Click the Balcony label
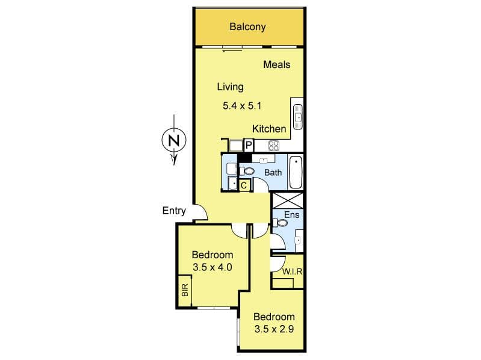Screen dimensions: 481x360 247,26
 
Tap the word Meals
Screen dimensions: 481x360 277,64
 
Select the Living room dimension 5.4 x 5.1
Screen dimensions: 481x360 242,106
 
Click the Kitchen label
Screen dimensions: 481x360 269,129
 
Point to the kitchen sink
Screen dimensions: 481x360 297,117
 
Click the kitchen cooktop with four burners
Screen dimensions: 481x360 274,146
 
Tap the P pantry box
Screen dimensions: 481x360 249,145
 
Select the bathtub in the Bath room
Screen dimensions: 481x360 296,172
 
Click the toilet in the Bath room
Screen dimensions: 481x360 247,171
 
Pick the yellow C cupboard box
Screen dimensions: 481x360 244,185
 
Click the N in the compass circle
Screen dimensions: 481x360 174,140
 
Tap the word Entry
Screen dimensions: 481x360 174,211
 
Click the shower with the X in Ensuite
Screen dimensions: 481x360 288,200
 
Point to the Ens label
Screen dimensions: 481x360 291,215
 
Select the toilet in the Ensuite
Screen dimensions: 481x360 280,222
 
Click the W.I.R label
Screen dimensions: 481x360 292,272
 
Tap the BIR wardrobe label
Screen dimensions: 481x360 185,290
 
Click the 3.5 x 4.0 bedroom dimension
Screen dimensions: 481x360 213,267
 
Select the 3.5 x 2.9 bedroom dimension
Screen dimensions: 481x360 275,329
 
